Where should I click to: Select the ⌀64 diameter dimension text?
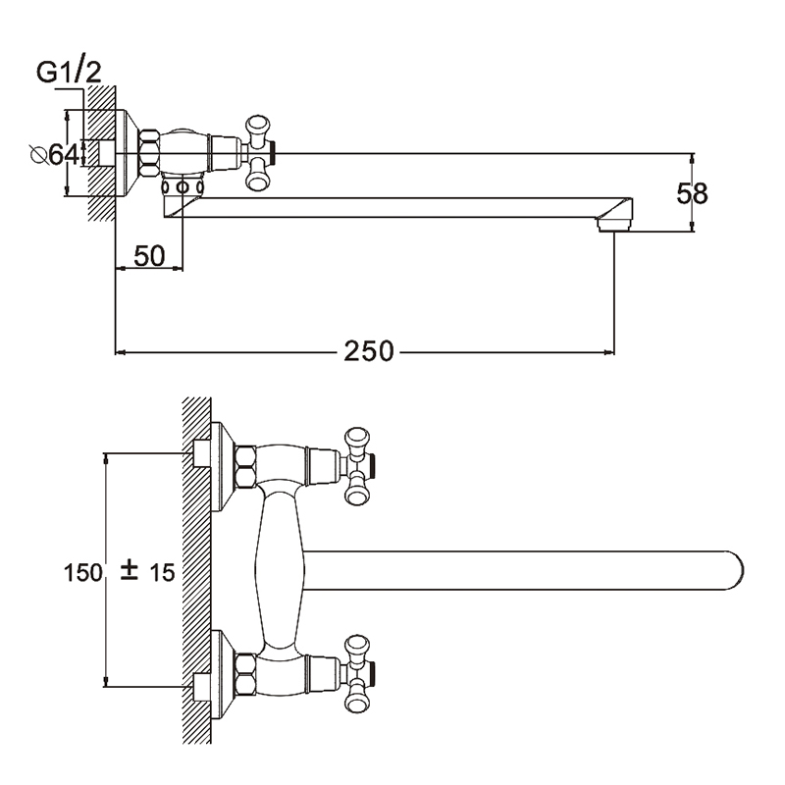pos(54,154)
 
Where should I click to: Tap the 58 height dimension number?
pos(693,193)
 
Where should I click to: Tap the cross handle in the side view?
pos(258,152)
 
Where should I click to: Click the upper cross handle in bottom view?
pos(354,466)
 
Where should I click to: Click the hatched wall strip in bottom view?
pos(197,569)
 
